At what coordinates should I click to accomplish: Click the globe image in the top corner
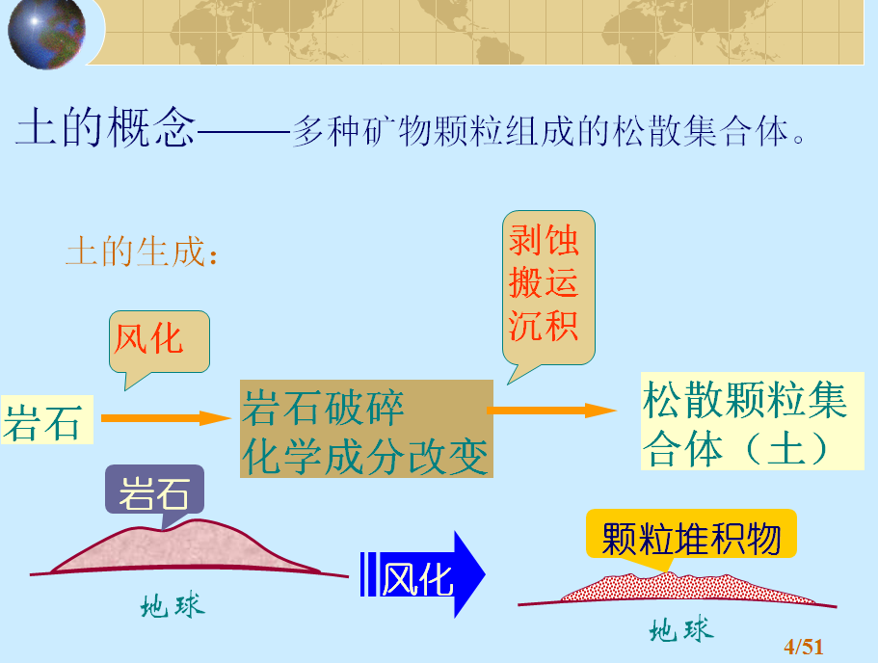[x=46, y=34]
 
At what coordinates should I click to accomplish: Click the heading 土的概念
[x=105, y=127]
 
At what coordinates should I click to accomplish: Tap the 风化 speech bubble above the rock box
[x=159, y=343]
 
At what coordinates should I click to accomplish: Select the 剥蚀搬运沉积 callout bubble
[x=548, y=288]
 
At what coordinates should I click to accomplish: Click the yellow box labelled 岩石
[x=47, y=420]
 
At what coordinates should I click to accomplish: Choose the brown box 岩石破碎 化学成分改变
[x=366, y=429]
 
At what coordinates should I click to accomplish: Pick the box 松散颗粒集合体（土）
[x=752, y=421]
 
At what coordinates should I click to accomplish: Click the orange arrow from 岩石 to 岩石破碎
[x=166, y=417]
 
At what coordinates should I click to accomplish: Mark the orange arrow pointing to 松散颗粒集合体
[x=551, y=411]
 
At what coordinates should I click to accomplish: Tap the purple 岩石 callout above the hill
[x=154, y=491]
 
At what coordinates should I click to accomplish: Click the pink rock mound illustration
[x=185, y=547]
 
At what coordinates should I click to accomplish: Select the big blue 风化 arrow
[x=423, y=574]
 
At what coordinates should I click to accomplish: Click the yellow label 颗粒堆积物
[x=691, y=537]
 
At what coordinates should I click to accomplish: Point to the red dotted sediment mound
[x=687, y=588]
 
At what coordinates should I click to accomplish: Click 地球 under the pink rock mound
[x=173, y=606]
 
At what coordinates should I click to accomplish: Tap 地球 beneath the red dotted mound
[x=681, y=629]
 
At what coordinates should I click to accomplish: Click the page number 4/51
[x=804, y=648]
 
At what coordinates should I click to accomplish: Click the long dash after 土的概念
[x=244, y=132]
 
